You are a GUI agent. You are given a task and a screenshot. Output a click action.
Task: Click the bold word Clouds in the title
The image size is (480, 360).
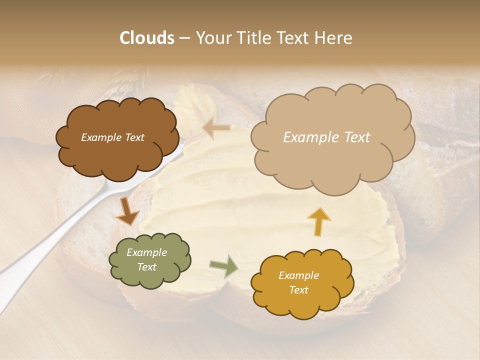tap(147, 38)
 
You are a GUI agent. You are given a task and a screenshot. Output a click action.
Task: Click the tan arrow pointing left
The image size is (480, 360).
tap(216, 129)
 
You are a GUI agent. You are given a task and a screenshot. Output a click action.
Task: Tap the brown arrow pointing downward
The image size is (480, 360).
tap(127, 211)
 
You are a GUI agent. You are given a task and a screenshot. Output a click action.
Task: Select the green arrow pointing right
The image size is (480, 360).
tap(223, 266)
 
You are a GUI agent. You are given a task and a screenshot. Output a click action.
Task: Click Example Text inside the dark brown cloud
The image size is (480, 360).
tap(112, 137)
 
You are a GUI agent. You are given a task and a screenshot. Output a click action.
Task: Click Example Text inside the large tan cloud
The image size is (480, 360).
tap(326, 137)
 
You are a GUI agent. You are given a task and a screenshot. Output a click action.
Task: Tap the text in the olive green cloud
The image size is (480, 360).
tap(146, 260)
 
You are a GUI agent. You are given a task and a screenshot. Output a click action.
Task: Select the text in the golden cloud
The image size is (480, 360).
tap(298, 282)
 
